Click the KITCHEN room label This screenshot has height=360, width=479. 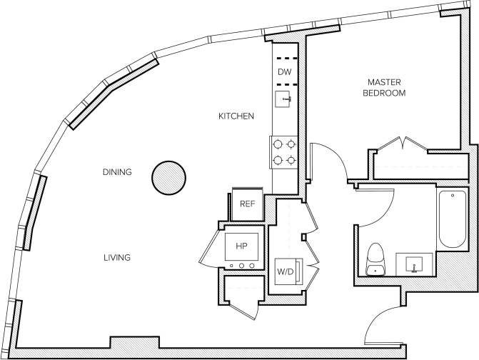[x=236, y=116]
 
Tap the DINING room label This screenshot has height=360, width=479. [x=116, y=171]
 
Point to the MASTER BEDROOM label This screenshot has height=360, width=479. [x=384, y=88]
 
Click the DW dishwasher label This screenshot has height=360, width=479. [x=284, y=71]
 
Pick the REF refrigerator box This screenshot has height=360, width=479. [x=247, y=204]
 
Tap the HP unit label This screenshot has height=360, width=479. [x=241, y=247]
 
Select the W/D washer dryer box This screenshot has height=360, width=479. [x=286, y=272]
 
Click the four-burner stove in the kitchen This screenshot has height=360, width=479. [x=283, y=151]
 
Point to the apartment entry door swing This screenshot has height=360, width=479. [x=382, y=325]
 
